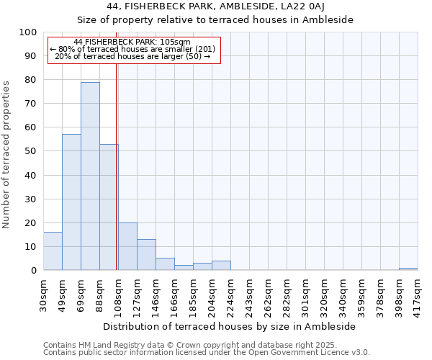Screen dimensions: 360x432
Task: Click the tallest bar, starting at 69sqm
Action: click(x=90, y=176)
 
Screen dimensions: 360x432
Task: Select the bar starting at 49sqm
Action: click(x=71, y=202)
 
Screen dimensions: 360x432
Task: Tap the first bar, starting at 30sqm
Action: click(x=53, y=251)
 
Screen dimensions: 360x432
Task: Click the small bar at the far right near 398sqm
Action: click(x=408, y=269)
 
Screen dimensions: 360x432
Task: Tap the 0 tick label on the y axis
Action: click(x=33, y=271)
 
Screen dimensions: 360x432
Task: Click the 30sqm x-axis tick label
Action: click(x=44, y=294)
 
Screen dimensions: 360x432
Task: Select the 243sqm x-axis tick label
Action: click(x=250, y=294)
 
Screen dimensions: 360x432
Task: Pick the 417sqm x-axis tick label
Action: click(x=418, y=294)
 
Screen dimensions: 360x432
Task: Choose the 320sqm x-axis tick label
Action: click(x=325, y=294)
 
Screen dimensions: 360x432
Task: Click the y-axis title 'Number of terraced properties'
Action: click(x=7, y=155)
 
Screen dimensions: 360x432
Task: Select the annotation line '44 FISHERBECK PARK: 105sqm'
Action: click(x=132, y=42)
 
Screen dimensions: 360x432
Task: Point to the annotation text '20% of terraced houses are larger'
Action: click(x=132, y=56)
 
